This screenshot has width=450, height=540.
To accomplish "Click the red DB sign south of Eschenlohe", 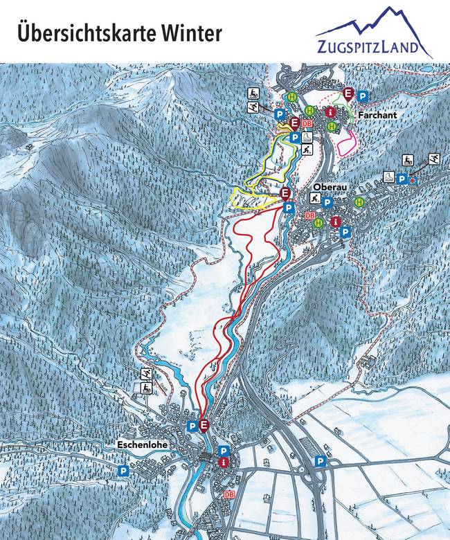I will (229, 496).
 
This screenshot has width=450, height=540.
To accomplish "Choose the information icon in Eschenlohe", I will (224, 462).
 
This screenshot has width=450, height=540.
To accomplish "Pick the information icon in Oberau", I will (336, 222).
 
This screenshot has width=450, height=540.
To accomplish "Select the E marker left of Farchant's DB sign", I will (295, 124).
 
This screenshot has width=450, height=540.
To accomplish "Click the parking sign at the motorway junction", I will (320, 461).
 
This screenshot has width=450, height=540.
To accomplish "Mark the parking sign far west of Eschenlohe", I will (123, 471).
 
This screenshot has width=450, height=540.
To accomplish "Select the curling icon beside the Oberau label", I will (314, 199).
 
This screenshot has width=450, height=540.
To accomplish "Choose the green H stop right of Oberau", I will (359, 202).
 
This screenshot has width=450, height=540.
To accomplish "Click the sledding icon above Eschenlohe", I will (147, 389).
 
